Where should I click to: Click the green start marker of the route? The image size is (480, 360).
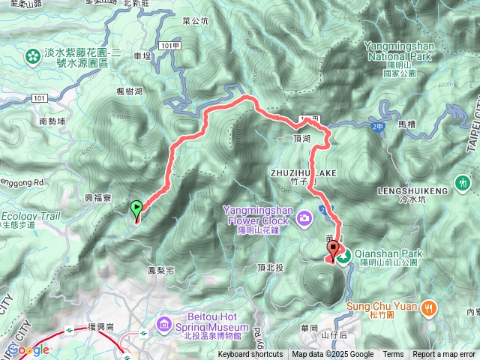[x=136, y=209]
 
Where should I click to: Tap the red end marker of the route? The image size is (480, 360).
[x=331, y=250]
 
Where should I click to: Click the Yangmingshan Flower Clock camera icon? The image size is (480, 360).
[x=304, y=219]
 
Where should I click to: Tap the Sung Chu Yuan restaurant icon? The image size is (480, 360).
[x=428, y=306]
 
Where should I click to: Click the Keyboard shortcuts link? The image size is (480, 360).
[x=250, y=355]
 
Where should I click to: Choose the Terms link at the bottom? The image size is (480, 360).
[x=393, y=355]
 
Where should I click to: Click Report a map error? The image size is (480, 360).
[x=444, y=355]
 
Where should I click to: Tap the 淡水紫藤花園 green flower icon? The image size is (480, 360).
[x=32, y=56]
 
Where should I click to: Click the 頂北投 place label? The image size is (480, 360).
[x=269, y=268]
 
